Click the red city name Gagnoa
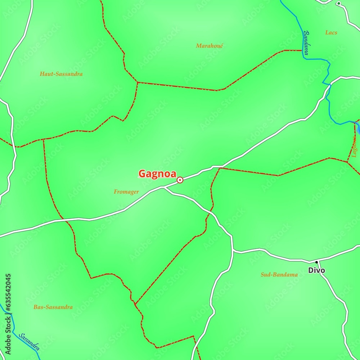pos(157,174)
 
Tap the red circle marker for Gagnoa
pos(180,180)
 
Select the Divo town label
pos(316,270)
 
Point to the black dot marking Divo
pos(316,262)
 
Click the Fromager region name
pos(126,192)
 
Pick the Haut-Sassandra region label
pos(61,74)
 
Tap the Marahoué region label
pos(210,46)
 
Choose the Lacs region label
pos(331,33)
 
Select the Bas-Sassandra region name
pos(53,307)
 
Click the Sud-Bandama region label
pos(279,275)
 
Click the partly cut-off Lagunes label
pos(355,148)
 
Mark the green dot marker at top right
pos(338,4)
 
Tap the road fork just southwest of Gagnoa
pos(164,187)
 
